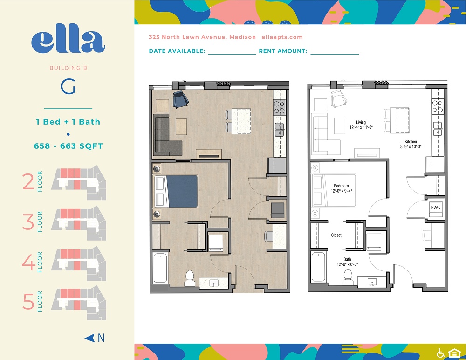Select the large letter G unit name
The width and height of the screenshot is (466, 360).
click(68, 87)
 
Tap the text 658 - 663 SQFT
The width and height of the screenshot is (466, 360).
click(69, 146)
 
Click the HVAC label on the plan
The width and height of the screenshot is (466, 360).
click(436, 208)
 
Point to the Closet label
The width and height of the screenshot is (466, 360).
click(336, 235)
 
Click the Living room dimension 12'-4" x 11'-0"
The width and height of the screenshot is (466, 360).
click(361, 127)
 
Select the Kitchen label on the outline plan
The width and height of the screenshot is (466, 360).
click(411, 142)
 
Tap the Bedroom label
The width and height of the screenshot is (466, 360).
click(341, 186)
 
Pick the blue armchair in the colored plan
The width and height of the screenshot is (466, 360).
click(181, 99)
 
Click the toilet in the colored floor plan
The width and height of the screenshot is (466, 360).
click(190, 278)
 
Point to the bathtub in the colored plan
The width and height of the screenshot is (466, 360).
click(160, 268)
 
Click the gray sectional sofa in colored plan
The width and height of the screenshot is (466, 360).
click(165, 137)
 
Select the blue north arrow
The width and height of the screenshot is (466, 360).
click(89, 338)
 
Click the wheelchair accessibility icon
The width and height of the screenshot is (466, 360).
click(441, 353)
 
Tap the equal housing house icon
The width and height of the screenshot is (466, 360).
click(454, 353)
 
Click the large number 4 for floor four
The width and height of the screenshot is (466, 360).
click(28, 262)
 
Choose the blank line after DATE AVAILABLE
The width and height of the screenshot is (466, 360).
click(232, 54)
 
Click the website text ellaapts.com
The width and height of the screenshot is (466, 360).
click(282, 37)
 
